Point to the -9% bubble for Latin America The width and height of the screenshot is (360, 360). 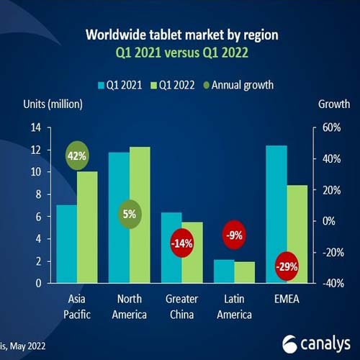[235, 235]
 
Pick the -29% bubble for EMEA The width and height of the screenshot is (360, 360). [287, 266]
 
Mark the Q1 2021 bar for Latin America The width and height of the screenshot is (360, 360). [224, 271]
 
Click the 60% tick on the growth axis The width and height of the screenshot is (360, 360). [328, 127]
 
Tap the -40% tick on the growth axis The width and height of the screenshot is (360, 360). [328, 283]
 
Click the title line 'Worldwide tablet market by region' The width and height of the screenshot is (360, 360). [179, 35]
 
